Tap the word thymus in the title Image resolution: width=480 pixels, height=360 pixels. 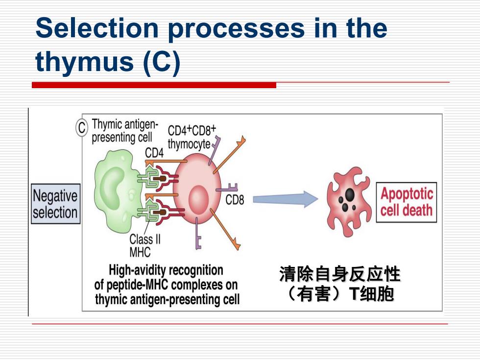tap(84, 62)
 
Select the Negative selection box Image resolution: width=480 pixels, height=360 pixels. tap(55, 204)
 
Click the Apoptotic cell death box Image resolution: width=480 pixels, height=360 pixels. tap(406, 202)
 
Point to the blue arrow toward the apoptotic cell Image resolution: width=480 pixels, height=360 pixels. tap(285, 199)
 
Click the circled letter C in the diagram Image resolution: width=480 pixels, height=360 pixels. tap(82, 127)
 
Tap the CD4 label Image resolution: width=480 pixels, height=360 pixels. tap(154, 152)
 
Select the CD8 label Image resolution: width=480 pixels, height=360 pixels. tap(235, 200)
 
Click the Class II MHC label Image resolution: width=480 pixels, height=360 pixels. tap(145, 245)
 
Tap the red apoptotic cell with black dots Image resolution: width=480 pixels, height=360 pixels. tap(349, 201)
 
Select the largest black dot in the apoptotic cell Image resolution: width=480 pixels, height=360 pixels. tap(350, 194)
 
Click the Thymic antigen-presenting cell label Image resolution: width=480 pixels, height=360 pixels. tap(125, 131)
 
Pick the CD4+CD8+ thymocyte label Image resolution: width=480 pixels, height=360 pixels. tap(192, 138)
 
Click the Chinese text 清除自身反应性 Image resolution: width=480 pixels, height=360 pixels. tap(339, 274)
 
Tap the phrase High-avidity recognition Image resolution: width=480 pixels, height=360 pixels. tap(166, 270)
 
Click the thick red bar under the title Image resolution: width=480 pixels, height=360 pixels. tap(154, 85)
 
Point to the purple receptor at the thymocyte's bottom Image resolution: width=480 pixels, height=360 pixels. tap(198, 233)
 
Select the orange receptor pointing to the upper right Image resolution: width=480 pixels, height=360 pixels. tap(230, 155)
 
